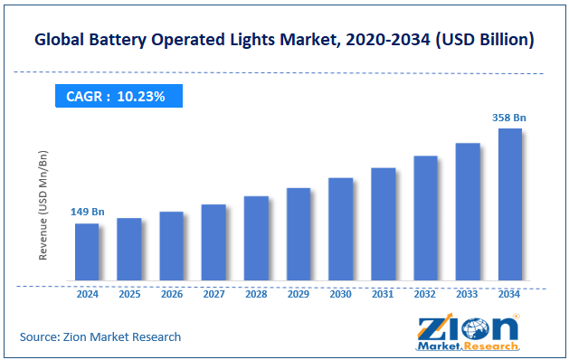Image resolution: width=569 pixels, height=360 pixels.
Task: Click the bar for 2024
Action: [x=87, y=251]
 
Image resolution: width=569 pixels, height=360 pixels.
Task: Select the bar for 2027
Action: [x=213, y=242]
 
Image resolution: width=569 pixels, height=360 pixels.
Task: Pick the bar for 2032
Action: [x=425, y=217]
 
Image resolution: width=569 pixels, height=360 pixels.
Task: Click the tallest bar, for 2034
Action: [x=510, y=204]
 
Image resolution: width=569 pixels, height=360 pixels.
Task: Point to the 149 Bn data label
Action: [x=88, y=212]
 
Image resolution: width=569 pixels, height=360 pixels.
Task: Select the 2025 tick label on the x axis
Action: [x=129, y=294]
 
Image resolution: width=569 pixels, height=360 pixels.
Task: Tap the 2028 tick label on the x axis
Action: [x=256, y=294]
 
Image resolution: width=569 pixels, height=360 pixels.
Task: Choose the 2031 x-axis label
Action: [x=383, y=294]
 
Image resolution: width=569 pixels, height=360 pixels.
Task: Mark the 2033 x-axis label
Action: [x=468, y=294]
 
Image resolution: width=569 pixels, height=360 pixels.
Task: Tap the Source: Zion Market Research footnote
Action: [x=100, y=336]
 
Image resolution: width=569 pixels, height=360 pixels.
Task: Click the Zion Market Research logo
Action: [x=469, y=332]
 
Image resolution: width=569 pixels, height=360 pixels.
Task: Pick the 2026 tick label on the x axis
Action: [x=172, y=294]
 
